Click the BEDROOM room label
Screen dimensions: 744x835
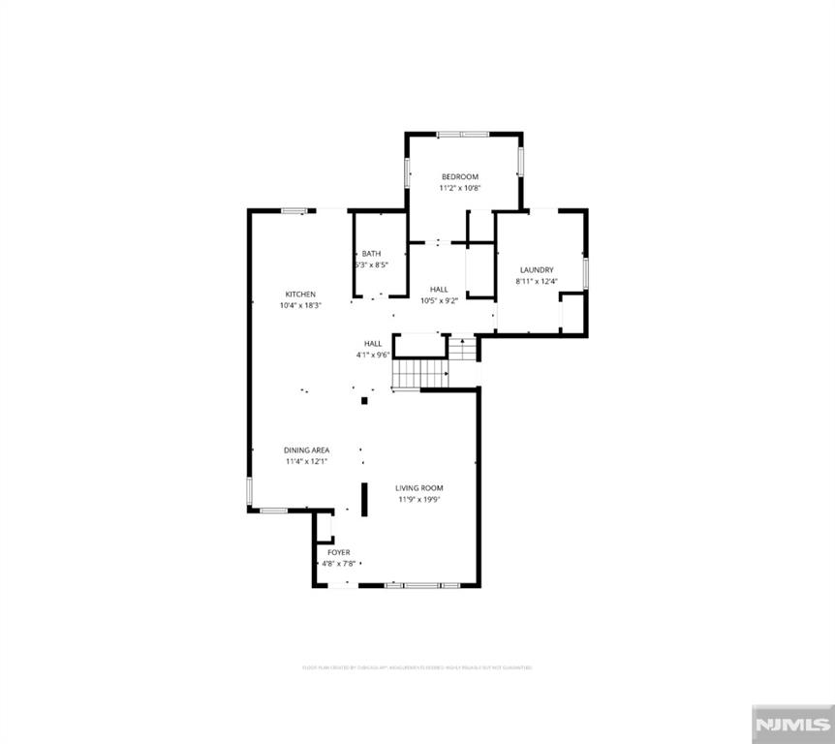point(460,176)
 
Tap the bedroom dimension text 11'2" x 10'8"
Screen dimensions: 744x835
point(460,188)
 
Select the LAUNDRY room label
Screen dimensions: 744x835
point(537,270)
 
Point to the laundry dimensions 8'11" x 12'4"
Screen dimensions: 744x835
point(537,282)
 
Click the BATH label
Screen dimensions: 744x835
point(372,254)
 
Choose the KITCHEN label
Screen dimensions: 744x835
point(300,294)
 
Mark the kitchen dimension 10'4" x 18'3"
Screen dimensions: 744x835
point(300,305)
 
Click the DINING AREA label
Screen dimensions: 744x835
point(307,450)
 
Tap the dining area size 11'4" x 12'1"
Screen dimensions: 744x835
point(307,462)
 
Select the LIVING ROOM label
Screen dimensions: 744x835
point(419,488)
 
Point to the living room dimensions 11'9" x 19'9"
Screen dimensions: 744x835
point(419,500)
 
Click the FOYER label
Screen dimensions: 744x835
point(339,552)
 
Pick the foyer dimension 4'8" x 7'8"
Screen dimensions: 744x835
point(339,563)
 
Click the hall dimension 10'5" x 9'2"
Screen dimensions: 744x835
point(439,300)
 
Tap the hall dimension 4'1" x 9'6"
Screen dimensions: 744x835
point(373,355)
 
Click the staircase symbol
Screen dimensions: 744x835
point(418,373)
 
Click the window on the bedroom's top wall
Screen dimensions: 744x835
point(463,134)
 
